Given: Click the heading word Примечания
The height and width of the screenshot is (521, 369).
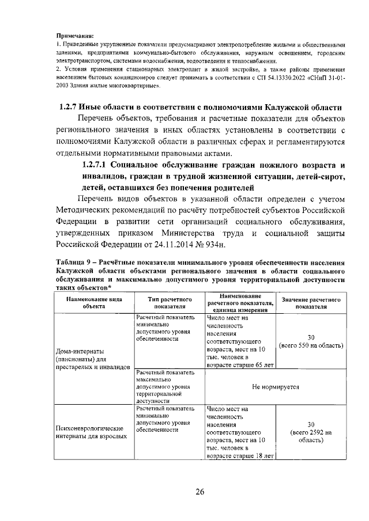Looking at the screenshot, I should point(75,36).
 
